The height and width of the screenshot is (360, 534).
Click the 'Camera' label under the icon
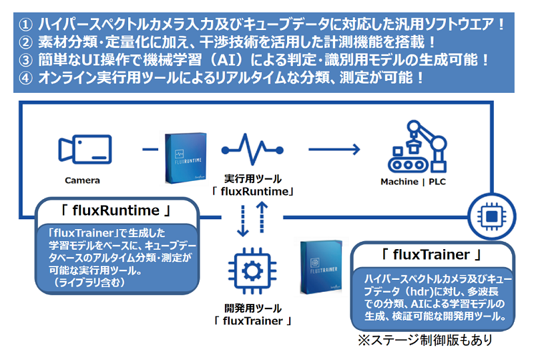[82, 180]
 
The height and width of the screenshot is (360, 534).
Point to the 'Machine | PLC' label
[415, 181]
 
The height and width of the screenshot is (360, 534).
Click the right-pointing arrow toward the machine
[334, 148]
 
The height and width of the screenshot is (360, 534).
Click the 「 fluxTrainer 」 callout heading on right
[431, 255]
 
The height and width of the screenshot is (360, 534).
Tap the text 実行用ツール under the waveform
[252, 179]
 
